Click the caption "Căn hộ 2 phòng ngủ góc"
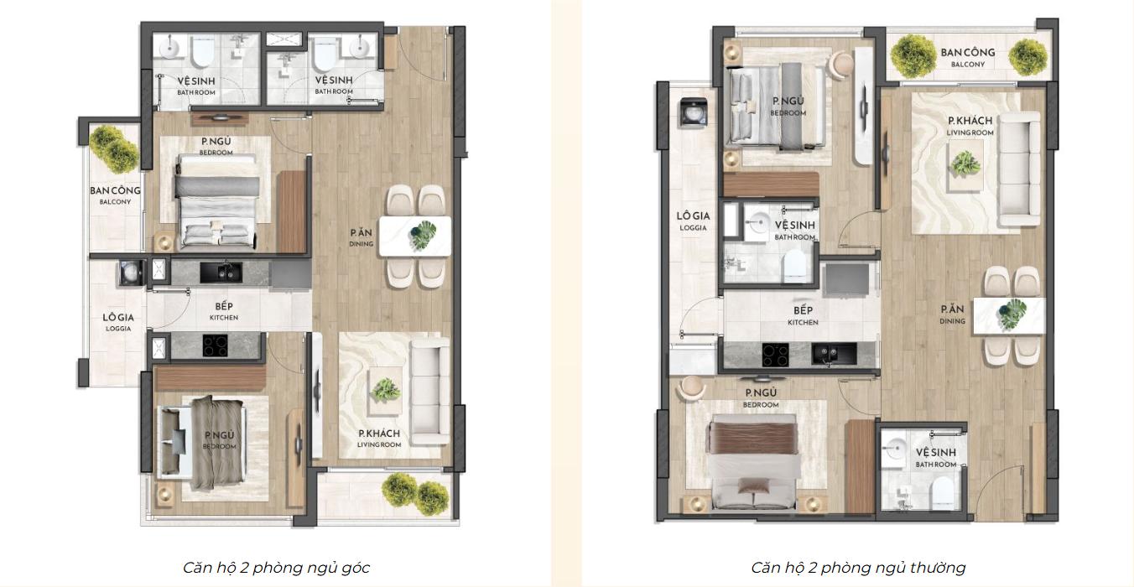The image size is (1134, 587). point(276,568)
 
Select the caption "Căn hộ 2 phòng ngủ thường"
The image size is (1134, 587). point(858,568)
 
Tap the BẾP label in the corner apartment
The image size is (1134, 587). point(224,305)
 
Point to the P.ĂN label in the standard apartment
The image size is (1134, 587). point(952,309)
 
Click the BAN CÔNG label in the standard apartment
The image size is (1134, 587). point(968,52)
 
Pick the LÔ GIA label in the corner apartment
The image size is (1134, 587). point(118,317)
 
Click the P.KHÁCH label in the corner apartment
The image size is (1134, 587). point(379,434)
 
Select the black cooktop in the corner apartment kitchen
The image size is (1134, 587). point(216,345)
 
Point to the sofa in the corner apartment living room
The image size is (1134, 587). point(429,391)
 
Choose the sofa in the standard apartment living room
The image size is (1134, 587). point(1018,169)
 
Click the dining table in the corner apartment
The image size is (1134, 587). point(415,236)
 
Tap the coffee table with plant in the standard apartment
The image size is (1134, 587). point(966,165)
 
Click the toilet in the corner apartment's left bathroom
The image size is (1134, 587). point(202,51)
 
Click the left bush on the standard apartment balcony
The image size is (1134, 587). point(913,55)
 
